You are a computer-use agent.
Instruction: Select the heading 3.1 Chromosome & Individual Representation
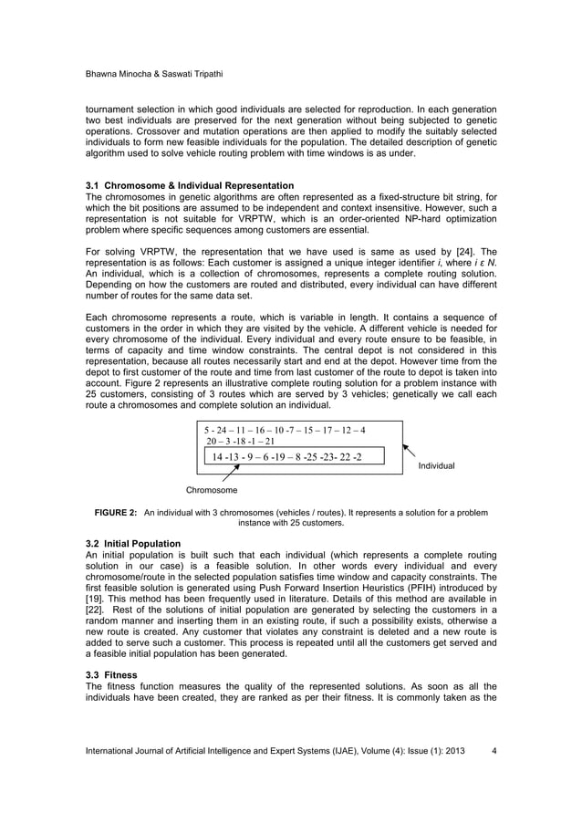(x=189, y=186)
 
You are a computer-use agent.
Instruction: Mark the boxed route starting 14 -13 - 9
(x=286, y=456)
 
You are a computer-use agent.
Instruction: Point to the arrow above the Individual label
(x=411, y=450)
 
